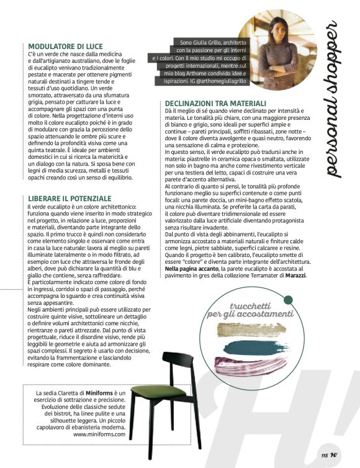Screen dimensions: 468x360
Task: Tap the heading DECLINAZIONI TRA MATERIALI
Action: coord(215,103)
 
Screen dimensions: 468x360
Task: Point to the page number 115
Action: coord(324,456)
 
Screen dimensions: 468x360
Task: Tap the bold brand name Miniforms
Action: coord(101,394)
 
